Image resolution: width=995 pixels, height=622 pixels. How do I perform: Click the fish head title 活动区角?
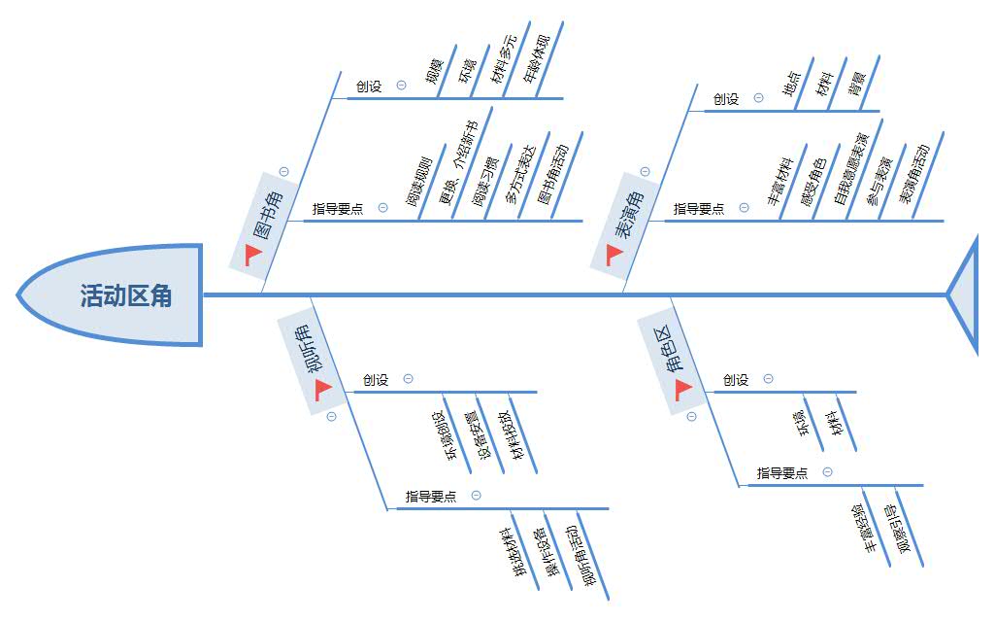tap(126, 295)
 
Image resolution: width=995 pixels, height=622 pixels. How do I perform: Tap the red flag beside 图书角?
tap(253, 254)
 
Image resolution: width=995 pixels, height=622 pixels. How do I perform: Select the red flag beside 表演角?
tap(614, 254)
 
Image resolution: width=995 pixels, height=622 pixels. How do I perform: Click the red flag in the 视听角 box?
tap(323, 389)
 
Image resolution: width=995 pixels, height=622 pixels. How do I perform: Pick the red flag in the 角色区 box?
tap(683, 389)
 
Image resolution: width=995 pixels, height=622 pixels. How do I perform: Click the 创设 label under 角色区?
tap(737, 380)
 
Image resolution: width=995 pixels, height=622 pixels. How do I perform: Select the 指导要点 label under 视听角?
tap(431, 497)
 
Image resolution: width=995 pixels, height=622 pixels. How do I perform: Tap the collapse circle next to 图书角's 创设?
tap(402, 86)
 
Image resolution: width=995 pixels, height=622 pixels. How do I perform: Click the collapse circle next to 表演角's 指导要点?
tap(744, 208)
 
